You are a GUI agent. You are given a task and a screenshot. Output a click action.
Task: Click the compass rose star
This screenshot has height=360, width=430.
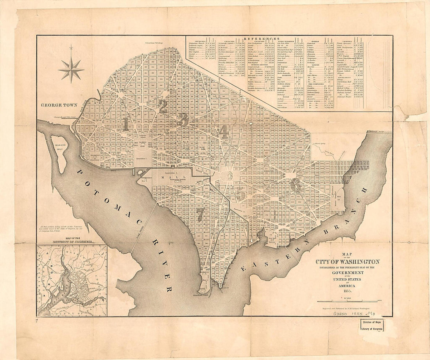tap(71, 69)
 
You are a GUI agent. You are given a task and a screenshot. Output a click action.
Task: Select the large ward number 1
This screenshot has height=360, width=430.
tap(125, 124)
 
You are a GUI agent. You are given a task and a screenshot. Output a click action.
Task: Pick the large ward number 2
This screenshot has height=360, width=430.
tap(163, 106)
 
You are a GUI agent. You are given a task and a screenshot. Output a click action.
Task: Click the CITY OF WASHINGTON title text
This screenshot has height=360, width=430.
tap(348, 262)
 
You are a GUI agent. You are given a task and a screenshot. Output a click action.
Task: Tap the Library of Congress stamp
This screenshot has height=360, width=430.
tap(372, 325)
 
